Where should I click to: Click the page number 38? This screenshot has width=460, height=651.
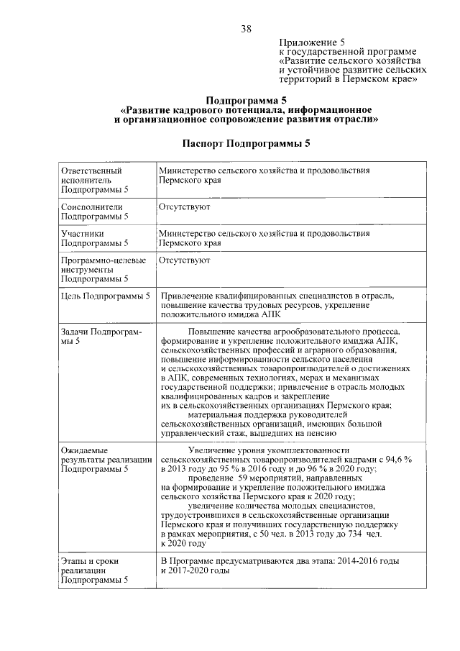click(246, 29)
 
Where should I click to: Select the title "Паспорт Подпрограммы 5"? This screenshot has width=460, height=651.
click(246, 143)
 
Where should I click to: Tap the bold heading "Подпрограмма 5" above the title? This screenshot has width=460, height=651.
click(246, 100)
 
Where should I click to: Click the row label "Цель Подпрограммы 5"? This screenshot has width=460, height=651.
click(106, 296)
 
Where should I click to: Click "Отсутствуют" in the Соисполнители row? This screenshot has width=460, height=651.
click(185, 206)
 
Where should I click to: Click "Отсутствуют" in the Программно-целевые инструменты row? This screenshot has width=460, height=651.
click(185, 260)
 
